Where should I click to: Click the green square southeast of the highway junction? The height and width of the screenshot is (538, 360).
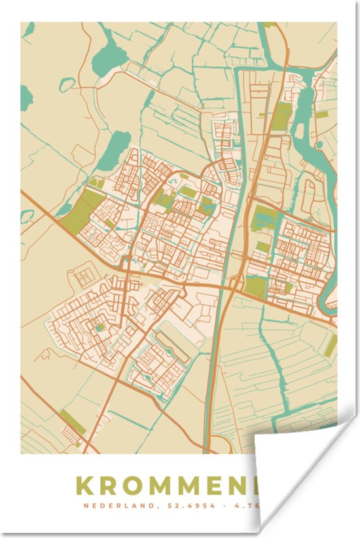point(256,285)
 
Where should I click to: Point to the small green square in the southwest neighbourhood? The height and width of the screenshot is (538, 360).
point(99,327)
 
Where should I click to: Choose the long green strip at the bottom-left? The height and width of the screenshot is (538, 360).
point(73,423)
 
